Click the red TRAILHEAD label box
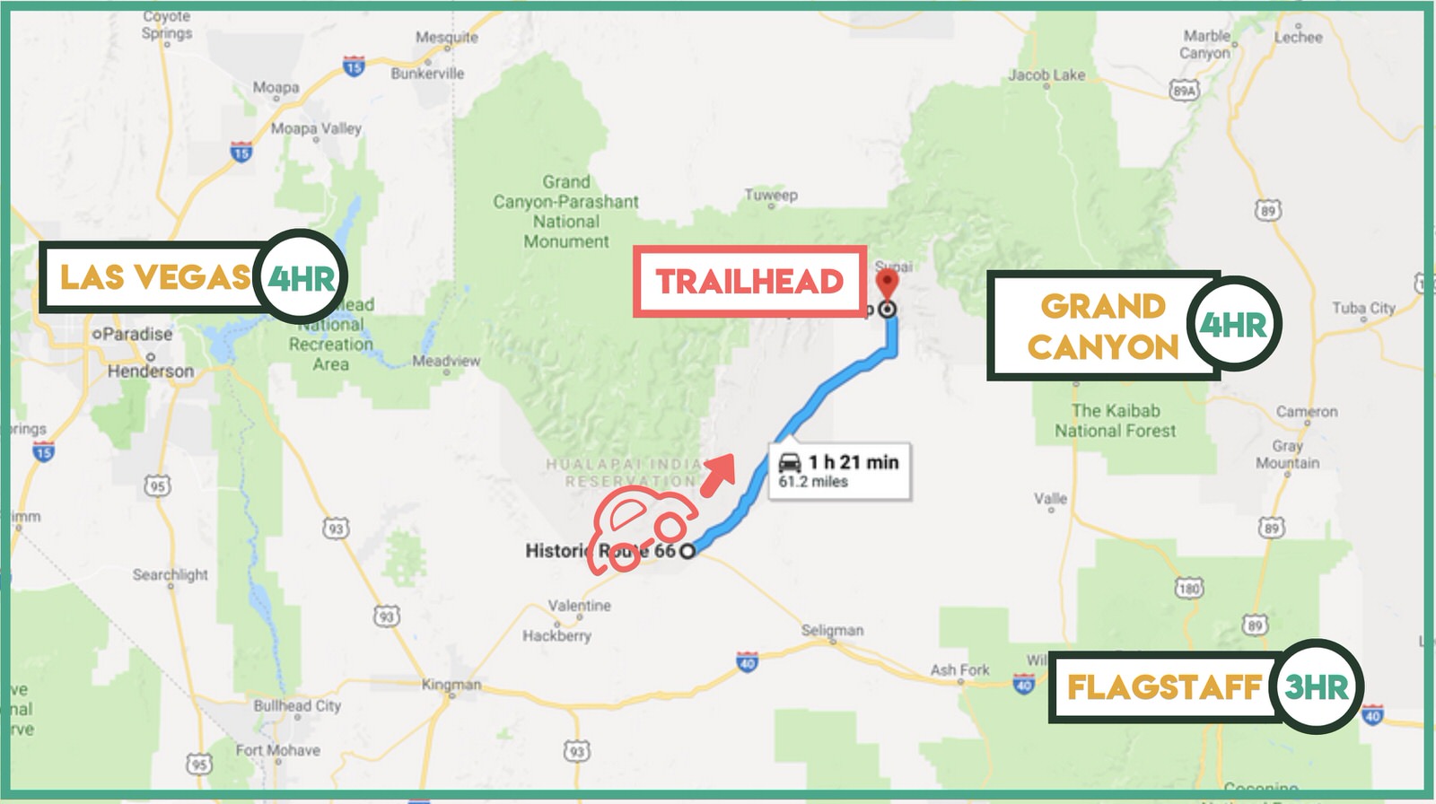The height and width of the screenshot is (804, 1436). pyautogui.click(x=749, y=282)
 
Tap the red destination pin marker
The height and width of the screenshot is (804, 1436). pyautogui.click(x=886, y=286)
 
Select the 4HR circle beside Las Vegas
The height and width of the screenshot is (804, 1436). pyautogui.click(x=302, y=277)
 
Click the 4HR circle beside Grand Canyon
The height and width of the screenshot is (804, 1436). pyautogui.click(x=1233, y=324)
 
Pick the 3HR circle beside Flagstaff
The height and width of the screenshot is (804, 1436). pyautogui.click(x=1317, y=687)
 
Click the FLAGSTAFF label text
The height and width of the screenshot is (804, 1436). pyautogui.click(x=1164, y=688)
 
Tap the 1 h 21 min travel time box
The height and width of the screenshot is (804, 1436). pyautogui.click(x=840, y=470)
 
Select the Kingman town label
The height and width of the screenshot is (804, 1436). pyautogui.click(x=451, y=685)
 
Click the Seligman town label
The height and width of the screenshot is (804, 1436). pyautogui.click(x=832, y=630)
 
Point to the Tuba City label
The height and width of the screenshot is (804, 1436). pyautogui.click(x=1363, y=308)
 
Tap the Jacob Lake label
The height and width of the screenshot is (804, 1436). pyautogui.click(x=1046, y=74)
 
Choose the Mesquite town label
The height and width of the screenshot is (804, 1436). pyautogui.click(x=446, y=37)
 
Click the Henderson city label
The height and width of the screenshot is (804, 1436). pyautogui.click(x=151, y=371)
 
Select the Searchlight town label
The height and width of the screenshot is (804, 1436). pyautogui.click(x=171, y=574)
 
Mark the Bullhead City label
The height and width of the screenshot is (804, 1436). pyautogui.click(x=297, y=705)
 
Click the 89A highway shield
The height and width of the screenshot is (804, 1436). pyautogui.click(x=1184, y=91)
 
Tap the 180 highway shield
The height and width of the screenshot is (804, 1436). pyautogui.click(x=1189, y=589)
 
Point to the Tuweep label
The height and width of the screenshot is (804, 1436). pyautogui.click(x=770, y=195)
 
